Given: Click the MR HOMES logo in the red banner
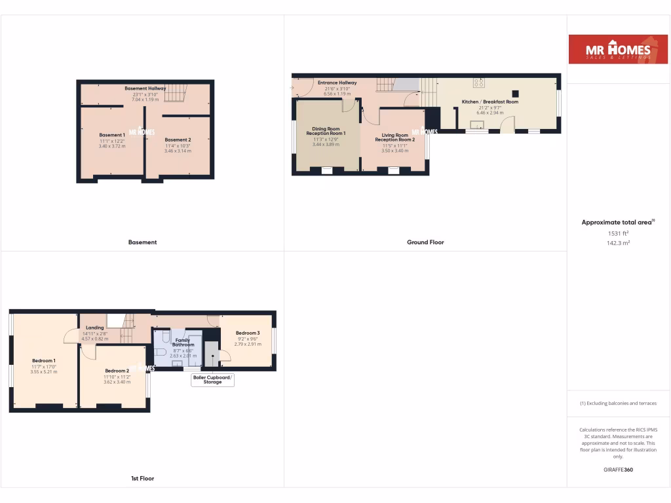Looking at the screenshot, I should tap(619, 49).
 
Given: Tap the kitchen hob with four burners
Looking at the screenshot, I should tap(480, 83).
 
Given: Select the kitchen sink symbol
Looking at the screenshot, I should tap(478, 124).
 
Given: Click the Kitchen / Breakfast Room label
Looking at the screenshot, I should tap(490, 102).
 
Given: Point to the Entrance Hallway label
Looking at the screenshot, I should tap(337, 83).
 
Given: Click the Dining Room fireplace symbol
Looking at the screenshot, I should tap(326, 171).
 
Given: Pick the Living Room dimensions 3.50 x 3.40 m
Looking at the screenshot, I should tap(394, 151).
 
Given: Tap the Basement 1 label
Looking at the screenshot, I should tap(111, 135).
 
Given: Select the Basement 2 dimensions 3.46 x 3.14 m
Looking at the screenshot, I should tap(178, 151).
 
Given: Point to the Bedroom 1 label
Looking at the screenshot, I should tap(44, 361).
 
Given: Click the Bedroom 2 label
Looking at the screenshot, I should tap(117, 371).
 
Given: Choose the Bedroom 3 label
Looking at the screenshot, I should tap(248, 333).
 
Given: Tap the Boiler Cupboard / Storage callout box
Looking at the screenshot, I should tap(212, 380).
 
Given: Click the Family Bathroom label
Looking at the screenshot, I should tap(183, 343).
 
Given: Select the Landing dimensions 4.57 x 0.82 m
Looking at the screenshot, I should tap(95, 339).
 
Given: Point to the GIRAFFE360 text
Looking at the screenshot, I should tap(618, 470).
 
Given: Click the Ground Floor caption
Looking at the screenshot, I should tap(425, 242).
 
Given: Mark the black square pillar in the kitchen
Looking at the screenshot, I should tap(516, 93).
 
